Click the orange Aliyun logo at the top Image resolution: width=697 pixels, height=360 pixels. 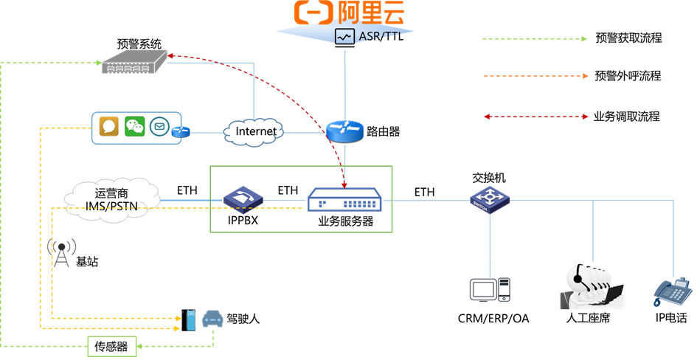[x=349, y=13]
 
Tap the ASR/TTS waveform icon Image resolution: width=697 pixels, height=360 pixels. [x=344, y=36]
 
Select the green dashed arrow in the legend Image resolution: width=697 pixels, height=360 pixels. [x=535, y=38]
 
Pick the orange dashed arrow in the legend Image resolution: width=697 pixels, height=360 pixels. [x=535, y=76]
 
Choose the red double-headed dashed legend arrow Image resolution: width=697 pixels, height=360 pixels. [x=535, y=117]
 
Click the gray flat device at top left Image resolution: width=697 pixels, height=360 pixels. [x=134, y=62]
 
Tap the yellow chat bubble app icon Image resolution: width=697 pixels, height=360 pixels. [x=109, y=127]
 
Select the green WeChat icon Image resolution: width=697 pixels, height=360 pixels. [x=134, y=127]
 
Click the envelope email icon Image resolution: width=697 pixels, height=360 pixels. [x=159, y=128]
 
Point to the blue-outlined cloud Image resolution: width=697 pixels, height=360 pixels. [x=253, y=132]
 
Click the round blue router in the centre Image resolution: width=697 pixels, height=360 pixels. [x=344, y=131]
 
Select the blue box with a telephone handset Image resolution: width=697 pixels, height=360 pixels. [x=243, y=199]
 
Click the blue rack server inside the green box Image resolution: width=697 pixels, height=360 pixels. [x=344, y=200]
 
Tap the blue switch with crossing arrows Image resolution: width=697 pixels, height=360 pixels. [x=490, y=198]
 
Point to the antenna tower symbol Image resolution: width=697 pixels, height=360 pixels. [x=61, y=252]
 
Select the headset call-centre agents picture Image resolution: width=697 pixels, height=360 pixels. [x=592, y=285]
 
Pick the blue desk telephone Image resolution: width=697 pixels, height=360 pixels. [x=672, y=292]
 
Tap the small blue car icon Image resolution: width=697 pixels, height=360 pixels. [x=212, y=318]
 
